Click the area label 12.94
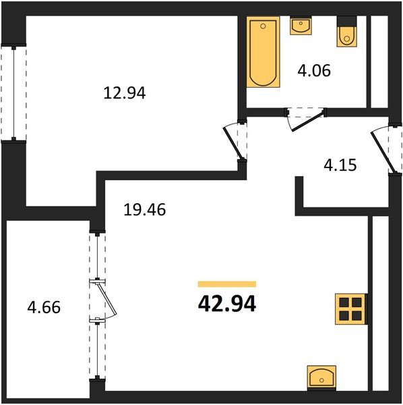tap(125, 93)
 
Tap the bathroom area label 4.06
tap(313, 70)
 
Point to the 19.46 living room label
tap(144, 210)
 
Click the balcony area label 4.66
tap(44, 308)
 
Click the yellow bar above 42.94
tap(227, 284)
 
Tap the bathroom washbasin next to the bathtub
tap(300, 26)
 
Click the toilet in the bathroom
tap(346, 33)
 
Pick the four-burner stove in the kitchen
tap(350, 309)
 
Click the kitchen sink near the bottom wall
tap(321, 377)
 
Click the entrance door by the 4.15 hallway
tap(383, 152)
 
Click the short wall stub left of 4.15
tap(300, 192)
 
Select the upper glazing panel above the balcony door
tap(98, 256)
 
